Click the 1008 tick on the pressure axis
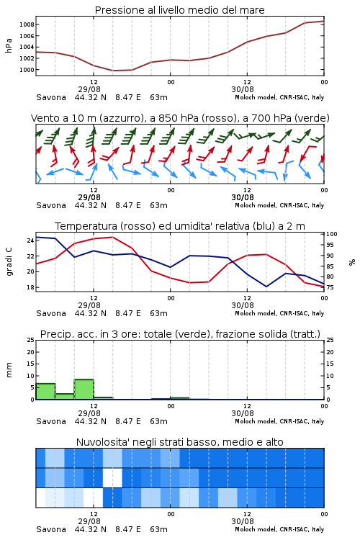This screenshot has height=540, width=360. click(27, 24)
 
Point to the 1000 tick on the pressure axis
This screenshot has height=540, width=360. click(27, 70)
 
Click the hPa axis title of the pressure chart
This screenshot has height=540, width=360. click(9, 45)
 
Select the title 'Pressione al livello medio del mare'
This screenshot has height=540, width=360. click(180, 10)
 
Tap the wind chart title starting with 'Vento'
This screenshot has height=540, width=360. click(180, 119)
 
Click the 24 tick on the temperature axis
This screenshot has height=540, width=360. click(30, 240)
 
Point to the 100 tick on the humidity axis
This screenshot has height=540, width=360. click(331, 234)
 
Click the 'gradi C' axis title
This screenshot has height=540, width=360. click(9, 262)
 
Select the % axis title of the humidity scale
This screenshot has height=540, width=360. click(352, 262)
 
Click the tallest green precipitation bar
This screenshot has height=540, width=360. click(84, 390)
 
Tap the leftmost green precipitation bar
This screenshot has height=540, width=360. click(45, 392)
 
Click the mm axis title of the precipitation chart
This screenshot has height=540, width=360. click(9, 370)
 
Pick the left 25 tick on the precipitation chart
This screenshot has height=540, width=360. click(30, 341)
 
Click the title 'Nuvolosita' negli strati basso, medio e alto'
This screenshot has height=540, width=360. click(180, 442)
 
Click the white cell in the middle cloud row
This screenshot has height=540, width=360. click(112, 477)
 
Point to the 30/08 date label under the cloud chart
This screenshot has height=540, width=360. click(243, 521)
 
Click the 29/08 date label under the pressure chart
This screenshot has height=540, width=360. click(89, 89)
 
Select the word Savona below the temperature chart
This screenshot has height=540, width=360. click(51, 313)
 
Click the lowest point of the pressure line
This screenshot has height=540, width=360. click(112, 71)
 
